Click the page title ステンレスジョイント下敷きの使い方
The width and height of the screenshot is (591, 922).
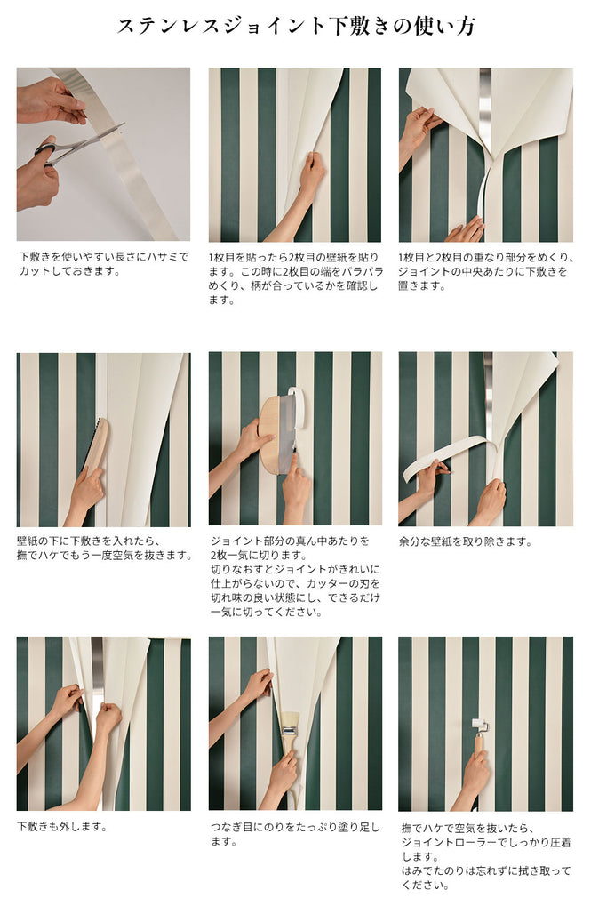click(x=295, y=27)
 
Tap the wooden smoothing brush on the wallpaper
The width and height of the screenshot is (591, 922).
click(x=95, y=445)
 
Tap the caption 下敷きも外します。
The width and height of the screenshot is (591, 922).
click(x=62, y=826)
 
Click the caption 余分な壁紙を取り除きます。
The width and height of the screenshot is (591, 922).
click(x=466, y=541)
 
